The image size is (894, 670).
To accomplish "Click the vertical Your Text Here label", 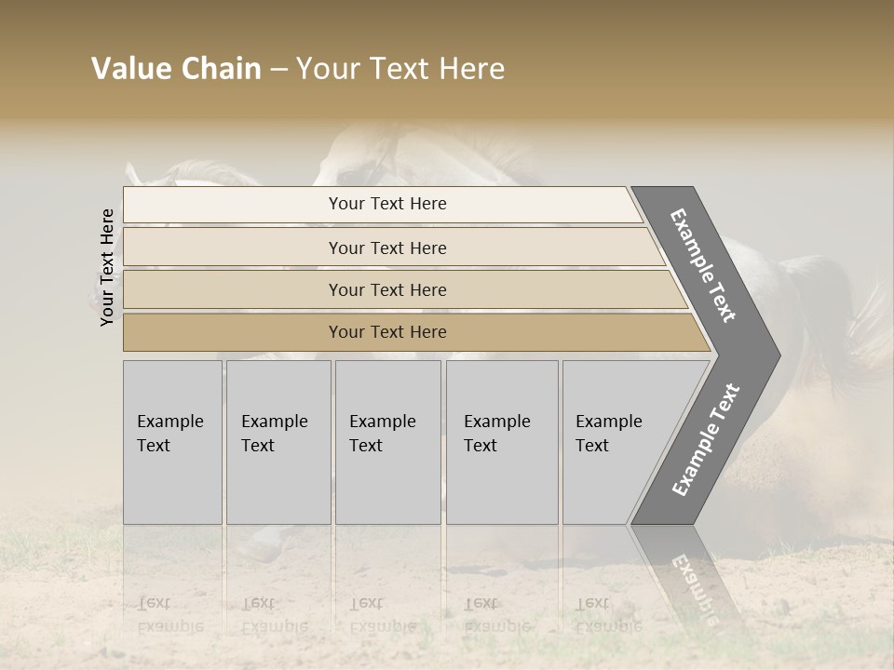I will tap(107, 267).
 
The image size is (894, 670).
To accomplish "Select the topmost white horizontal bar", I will tap(382, 205).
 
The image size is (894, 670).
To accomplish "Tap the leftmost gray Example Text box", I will tap(172, 442).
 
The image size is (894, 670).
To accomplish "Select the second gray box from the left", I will tap(278, 442).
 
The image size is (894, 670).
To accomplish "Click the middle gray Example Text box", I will tap(387, 442).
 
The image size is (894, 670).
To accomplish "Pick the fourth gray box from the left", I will tap(502, 442).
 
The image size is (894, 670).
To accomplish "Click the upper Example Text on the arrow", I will tap(703, 265).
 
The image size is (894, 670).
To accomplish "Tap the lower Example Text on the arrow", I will tap(706, 440).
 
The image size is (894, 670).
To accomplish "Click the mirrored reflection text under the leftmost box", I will tap(170, 615).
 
